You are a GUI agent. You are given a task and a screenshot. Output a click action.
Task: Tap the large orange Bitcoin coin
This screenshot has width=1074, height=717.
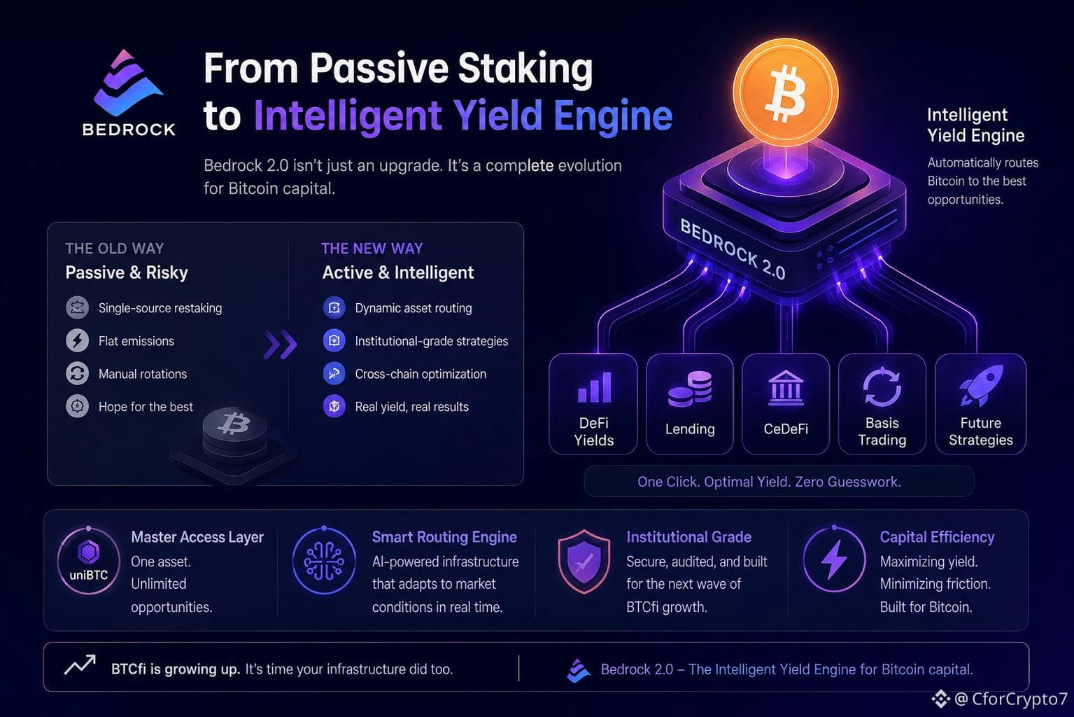[x=786, y=92]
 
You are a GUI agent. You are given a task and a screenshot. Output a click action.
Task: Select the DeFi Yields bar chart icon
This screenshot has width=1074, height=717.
[x=595, y=387]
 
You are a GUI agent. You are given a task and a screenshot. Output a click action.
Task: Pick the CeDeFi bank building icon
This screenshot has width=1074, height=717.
[x=785, y=388]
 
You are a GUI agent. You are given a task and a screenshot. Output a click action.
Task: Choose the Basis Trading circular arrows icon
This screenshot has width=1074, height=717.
[x=882, y=387]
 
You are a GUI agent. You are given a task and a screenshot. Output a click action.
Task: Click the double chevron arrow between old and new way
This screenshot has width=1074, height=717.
[x=281, y=344]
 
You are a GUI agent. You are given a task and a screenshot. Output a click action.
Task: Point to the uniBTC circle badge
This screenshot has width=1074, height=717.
[x=89, y=561]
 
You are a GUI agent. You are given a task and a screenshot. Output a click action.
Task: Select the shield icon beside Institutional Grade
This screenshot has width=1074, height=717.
[x=584, y=561]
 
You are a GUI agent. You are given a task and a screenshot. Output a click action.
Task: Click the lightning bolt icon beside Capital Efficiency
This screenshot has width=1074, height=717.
[x=834, y=559]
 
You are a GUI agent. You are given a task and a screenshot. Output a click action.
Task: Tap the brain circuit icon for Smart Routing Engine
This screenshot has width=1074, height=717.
[x=324, y=561]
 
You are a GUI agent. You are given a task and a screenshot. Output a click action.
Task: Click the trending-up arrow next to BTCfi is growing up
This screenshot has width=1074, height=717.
[x=80, y=664]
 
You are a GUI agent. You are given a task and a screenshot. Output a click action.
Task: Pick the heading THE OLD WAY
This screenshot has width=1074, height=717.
[x=115, y=248]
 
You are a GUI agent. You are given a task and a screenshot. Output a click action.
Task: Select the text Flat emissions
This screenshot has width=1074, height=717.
[x=136, y=341]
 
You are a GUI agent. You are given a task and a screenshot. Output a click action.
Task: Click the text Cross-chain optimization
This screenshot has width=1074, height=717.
[x=421, y=374]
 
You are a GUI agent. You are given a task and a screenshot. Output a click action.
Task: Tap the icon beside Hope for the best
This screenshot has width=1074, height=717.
[x=77, y=407]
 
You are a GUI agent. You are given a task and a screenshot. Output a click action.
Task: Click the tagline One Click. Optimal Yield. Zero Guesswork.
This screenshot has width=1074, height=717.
[x=769, y=481]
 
